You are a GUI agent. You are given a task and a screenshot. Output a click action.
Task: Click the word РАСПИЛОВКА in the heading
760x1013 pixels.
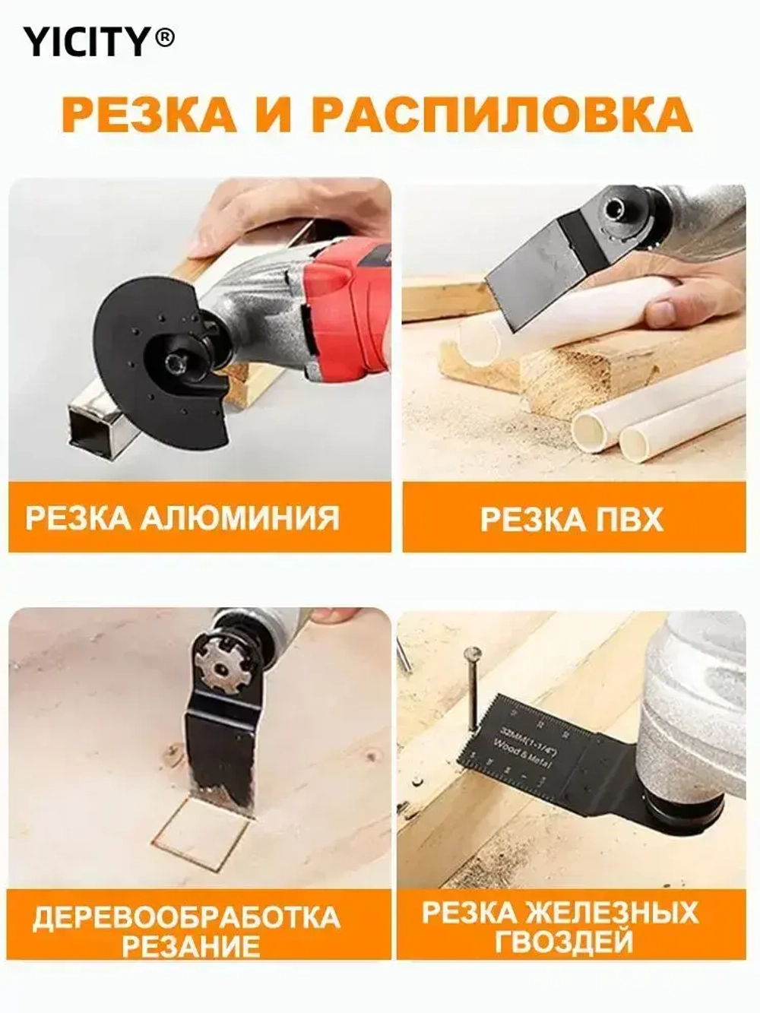pos(502,114)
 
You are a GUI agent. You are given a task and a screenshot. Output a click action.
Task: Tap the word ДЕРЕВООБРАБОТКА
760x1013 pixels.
pos(187,917)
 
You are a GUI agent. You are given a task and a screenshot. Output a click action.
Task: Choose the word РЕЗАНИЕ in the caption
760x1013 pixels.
pos(191,948)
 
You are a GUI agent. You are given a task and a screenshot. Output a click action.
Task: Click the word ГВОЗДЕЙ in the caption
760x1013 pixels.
pos(564,942)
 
